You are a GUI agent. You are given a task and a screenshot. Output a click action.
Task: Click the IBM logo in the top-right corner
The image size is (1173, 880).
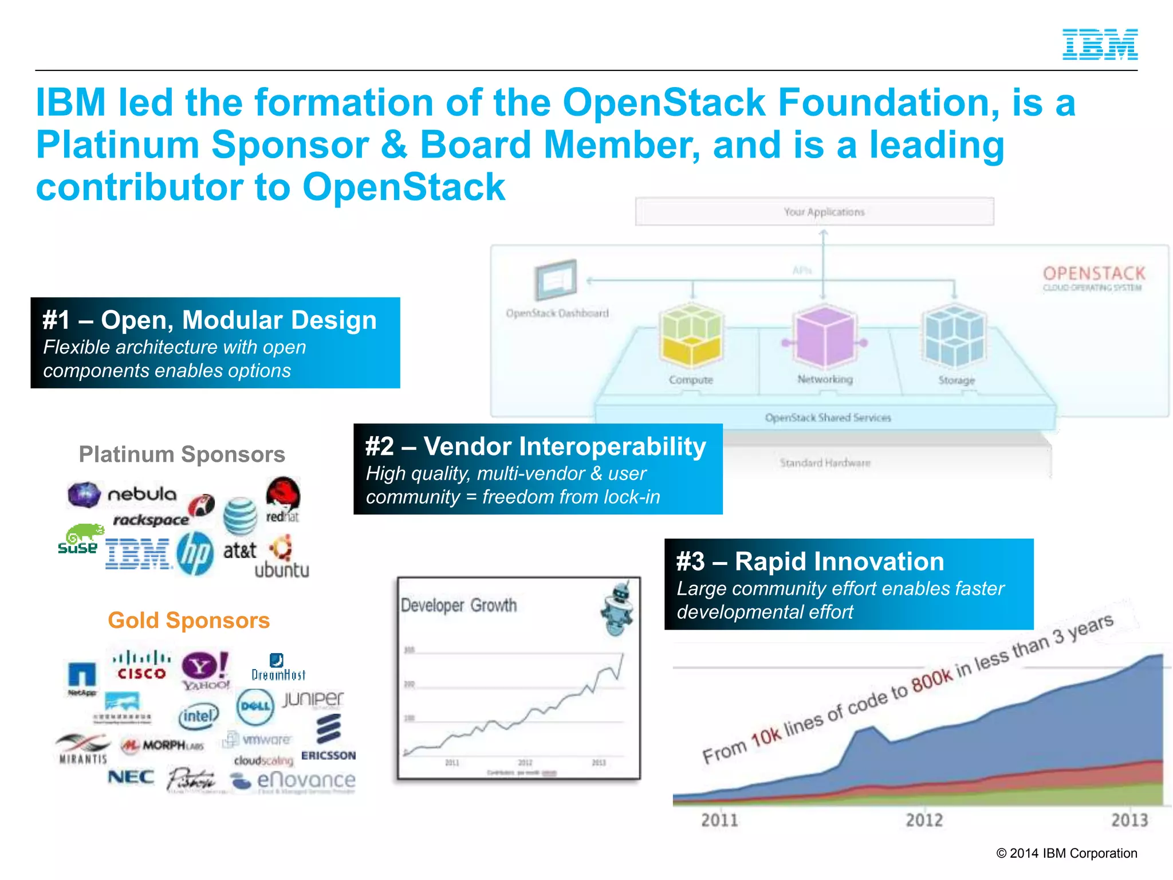pos(1100,45)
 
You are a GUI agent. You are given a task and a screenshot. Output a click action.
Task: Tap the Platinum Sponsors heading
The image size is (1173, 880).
pos(182,454)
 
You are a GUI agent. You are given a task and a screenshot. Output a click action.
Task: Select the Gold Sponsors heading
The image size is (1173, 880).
pos(188,620)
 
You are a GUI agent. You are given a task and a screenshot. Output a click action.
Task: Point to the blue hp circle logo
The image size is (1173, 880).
pos(195,554)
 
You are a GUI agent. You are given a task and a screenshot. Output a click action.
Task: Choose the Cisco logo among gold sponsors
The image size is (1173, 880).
pos(141,666)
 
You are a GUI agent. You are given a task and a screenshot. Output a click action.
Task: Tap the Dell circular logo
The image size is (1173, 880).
pos(255,706)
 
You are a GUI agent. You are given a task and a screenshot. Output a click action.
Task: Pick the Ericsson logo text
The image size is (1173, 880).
pos(328,756)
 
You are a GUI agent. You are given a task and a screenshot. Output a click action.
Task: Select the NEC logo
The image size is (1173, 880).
pos(131,777)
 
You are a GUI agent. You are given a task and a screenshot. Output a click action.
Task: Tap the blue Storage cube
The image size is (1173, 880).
pos(955,336)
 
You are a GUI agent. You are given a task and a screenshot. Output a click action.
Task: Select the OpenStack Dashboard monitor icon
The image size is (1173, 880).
pos(556,280)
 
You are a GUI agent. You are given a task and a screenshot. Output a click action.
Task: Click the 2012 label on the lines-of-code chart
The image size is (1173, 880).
pos(924,820)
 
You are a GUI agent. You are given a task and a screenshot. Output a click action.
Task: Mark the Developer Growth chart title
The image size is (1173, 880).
pos(459,606)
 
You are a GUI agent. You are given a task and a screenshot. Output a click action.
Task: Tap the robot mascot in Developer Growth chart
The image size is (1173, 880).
pos(619,610)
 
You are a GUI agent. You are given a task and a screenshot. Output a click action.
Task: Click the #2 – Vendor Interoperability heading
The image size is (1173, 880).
pos(536,447)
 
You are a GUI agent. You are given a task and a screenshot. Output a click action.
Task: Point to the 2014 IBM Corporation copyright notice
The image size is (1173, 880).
pos(1066,853)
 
